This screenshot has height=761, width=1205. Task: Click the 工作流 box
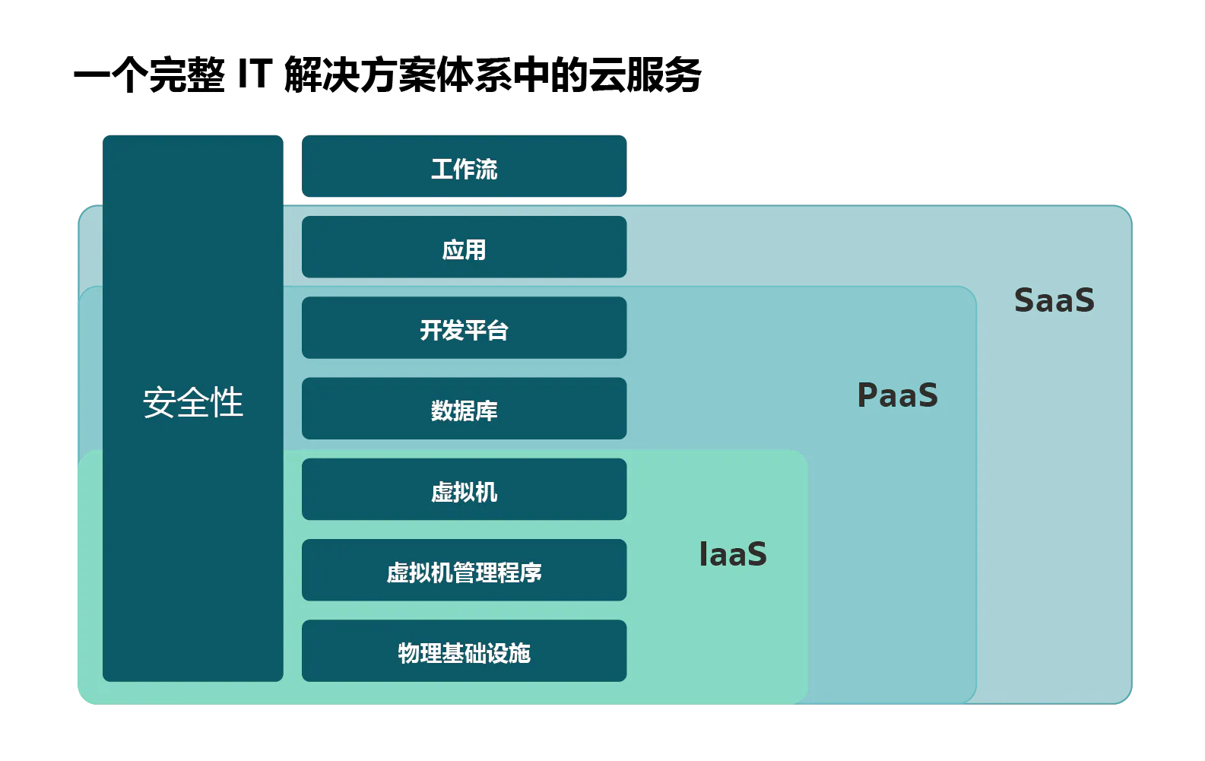pyautogui.click(x=465, y=166)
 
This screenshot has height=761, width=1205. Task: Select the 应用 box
pyautogui.click(x=465, y=247)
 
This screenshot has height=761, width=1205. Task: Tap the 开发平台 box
pyautogui.click(x=465, y=328)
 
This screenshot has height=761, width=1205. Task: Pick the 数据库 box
pyautogui.click(x=465, y=408)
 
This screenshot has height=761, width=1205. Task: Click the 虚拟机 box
pyautogui.click(x=465, y=489)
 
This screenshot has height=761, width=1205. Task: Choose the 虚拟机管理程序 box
pyautogui.click(x=465, y=570)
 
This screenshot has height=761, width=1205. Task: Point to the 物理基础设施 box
pyautogui.click(x=465, y=651)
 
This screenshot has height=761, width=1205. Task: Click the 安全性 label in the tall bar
pyautogui.click(x=192, y=401)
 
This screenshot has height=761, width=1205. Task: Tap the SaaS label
pyautogui.click(x=1054, y=300)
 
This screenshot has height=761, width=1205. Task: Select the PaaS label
pyautogui.click(x=897, y=395)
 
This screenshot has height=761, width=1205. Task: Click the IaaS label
pyautogui.click(x=733, y=554)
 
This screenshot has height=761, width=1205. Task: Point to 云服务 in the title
pyautogui.click(x=645, y=75)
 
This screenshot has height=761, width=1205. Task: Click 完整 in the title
pyautogui.click(x=187, y=75)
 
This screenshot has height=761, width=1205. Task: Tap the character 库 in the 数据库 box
pyautogui.click(x=487, y=411)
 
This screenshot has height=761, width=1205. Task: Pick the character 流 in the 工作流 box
pyautogui.click(x=487, y=169)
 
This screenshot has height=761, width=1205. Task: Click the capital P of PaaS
pyautogui.click(x=867, y=395)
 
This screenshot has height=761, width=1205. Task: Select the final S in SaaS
pyautogui.click(x=1084, y=300)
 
